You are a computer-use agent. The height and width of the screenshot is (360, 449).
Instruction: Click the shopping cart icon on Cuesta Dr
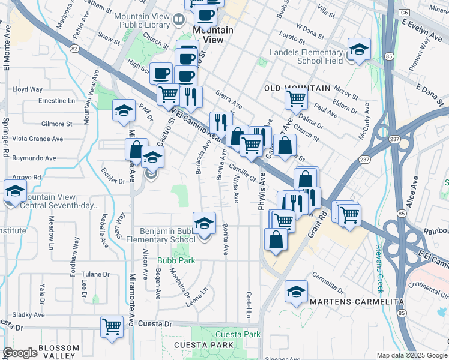[112, 327]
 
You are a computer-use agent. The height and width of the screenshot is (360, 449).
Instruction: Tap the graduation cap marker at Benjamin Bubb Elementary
[204, 223]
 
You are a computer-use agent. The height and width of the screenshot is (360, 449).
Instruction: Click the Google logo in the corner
[20, 353]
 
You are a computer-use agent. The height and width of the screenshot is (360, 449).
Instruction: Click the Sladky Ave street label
[29, 314]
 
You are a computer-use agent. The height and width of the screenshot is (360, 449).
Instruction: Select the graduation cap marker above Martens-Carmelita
[296, 292]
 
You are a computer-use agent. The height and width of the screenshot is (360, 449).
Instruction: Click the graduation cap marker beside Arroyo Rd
[14, 193]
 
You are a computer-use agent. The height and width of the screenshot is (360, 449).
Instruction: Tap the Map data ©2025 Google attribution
[411, 355]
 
